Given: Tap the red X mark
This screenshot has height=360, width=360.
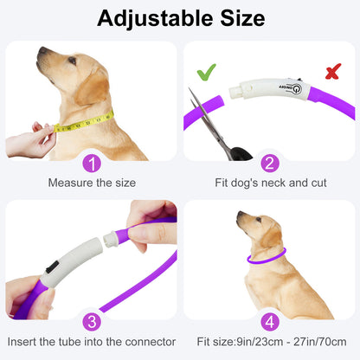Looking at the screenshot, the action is point(333,71).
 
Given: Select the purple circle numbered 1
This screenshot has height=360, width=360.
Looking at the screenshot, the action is point(92,164).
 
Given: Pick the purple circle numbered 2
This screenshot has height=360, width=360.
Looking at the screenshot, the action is point(270,164).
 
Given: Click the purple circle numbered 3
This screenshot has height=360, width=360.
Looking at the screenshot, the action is point(92,322).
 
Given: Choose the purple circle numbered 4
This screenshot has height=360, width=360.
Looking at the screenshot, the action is point(270,322).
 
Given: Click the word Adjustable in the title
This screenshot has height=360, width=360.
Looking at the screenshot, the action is point(156,19).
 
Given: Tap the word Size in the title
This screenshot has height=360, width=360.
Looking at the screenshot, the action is point(242,18).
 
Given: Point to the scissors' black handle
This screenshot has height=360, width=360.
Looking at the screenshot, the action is point(241,154).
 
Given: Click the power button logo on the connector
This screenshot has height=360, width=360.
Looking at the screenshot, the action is point(297,89).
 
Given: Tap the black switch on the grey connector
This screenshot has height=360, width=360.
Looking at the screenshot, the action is point(52,266).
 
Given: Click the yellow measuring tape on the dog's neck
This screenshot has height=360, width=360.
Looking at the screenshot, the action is point(84,123).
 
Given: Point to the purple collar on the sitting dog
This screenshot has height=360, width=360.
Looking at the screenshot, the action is point(267,257).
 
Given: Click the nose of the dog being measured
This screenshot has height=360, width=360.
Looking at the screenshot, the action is point(42,50).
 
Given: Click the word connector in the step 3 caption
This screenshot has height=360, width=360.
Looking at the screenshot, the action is point(151,342).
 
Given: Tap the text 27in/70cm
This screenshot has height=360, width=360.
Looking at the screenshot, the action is point(320,342).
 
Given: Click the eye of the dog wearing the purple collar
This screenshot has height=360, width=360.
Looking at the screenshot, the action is point(259,220).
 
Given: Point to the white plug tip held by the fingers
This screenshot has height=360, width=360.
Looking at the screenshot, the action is point(110,239).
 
